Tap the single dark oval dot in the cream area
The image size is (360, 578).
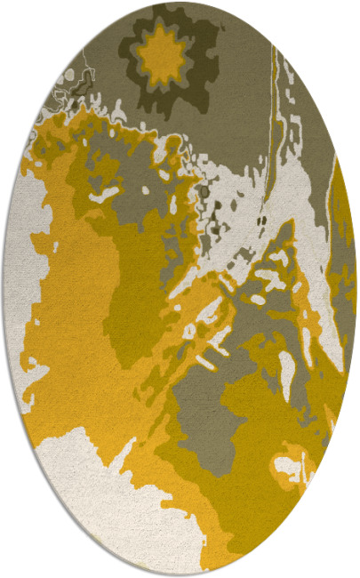coord(204,192)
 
